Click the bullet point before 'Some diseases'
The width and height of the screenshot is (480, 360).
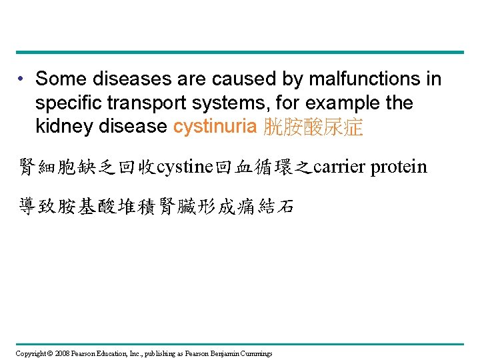pos(22,79)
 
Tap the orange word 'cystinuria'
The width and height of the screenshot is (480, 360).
pos(215,127)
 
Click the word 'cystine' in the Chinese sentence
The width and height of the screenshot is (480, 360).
pos(183,166)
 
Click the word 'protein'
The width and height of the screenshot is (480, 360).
pos(399,166)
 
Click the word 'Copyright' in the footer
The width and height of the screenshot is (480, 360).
pos(31,353)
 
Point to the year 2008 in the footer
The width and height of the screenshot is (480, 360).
pos(62,353)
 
